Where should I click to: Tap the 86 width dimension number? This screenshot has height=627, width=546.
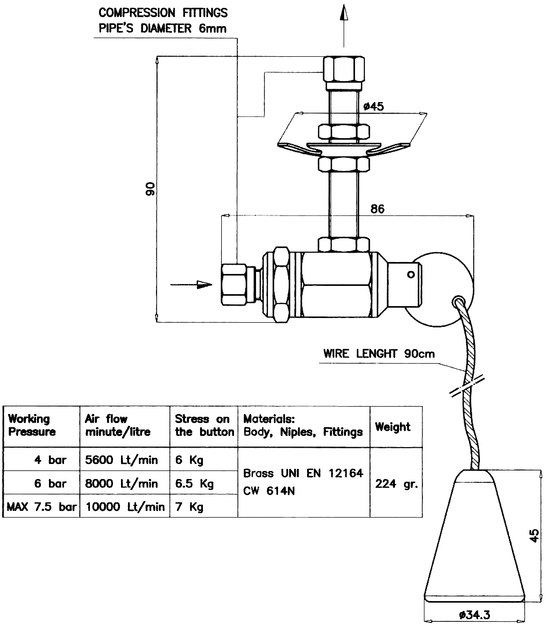click(377, 209)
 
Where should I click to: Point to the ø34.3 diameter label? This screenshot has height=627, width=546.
click(474, 615)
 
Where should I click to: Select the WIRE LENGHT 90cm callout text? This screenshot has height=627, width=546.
click(379, 354)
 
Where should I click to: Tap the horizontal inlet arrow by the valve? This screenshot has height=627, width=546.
click(191, 285)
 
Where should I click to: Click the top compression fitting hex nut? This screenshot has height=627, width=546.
click(344, 69)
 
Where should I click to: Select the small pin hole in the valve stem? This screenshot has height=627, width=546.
click(411, 275)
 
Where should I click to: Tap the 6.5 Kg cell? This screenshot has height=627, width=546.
click(194, 484)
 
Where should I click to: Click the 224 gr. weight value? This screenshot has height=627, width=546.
click(396, 484)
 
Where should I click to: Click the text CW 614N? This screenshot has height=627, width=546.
click(269, 491)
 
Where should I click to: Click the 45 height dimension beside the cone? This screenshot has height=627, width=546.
click(534, 536)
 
